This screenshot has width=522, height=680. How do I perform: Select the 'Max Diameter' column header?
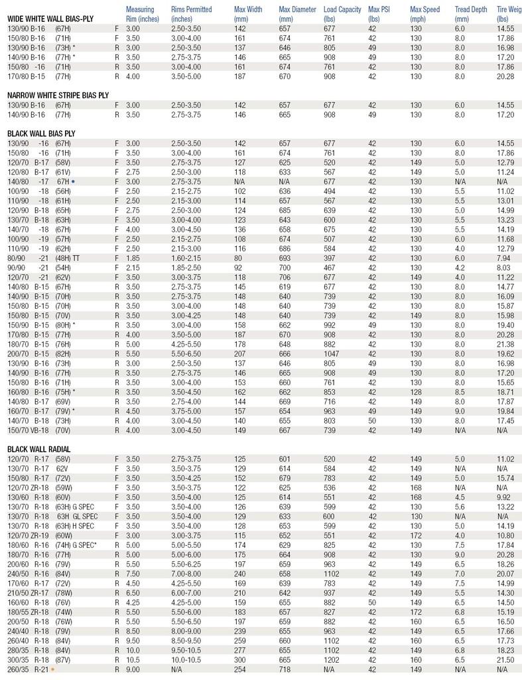pos(296,14)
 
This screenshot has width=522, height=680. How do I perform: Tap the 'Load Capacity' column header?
pos(342,14)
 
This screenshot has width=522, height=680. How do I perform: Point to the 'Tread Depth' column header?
pos(472,14)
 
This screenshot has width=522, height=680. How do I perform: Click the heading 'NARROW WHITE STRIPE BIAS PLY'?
pos(58,96)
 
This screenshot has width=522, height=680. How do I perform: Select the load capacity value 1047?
pos(331,353)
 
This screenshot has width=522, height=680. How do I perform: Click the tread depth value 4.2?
pos(460,267)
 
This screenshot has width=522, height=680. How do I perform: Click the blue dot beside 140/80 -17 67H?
pos(73,181)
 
